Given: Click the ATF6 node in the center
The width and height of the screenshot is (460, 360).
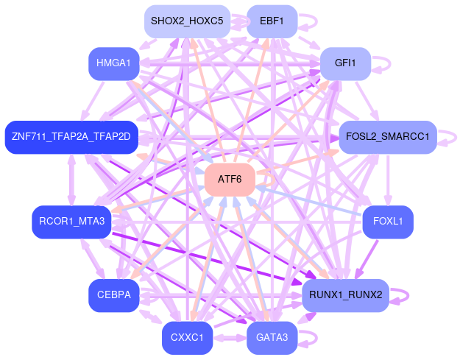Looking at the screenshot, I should point(230,180).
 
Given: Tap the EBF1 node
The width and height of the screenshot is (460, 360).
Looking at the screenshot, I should point(272,21).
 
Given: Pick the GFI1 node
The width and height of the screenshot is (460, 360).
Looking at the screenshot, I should point(344,63).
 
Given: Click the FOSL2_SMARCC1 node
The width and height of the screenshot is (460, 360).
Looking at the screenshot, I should point(388,137).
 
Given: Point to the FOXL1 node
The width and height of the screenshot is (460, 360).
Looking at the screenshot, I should point(388,222).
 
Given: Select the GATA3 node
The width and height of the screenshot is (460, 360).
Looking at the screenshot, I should point(272,338).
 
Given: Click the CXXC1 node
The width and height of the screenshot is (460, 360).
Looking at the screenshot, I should point(187,338).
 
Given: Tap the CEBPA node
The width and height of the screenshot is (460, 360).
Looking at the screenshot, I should point(113,295).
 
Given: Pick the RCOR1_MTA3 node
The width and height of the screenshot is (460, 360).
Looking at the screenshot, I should point(71,222).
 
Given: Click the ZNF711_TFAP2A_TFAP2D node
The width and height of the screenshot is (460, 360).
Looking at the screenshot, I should point(71,137).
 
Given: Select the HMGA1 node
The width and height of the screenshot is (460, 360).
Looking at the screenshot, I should point(113,63).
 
